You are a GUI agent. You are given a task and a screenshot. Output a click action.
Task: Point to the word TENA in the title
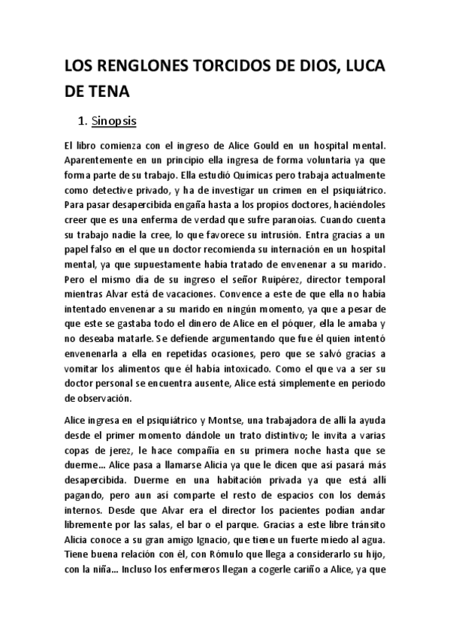click(110, 92)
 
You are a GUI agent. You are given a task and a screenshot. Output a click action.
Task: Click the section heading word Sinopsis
click(112, 119)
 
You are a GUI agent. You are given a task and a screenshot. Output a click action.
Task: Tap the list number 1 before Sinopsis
click(81, 119)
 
